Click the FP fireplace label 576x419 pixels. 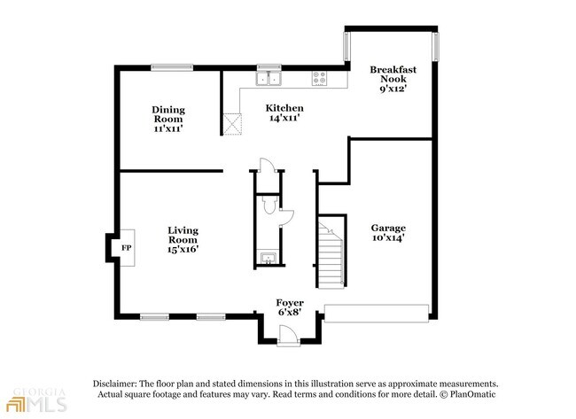click(127, 248)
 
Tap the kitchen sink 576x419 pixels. click(269, 79)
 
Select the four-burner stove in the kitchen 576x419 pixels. click(319, 79)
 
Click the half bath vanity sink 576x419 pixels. click(269, 259)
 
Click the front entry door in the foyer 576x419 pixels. click(288, 336)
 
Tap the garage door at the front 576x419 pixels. click(377, 314)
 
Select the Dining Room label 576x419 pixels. click(168, 114)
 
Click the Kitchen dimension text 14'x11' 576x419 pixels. click(284, 118)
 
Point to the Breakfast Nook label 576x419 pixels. click(393, 74)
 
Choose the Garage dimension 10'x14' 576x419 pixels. click(388, 237)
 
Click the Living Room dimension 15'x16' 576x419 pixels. click(183, 249)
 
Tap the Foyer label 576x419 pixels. click(290, 303)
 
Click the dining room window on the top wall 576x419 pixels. click(172, 67)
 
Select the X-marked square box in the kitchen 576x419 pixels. click(232, 124)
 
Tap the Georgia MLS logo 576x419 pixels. click(36, 400)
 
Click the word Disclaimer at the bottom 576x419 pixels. click(115, 384)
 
